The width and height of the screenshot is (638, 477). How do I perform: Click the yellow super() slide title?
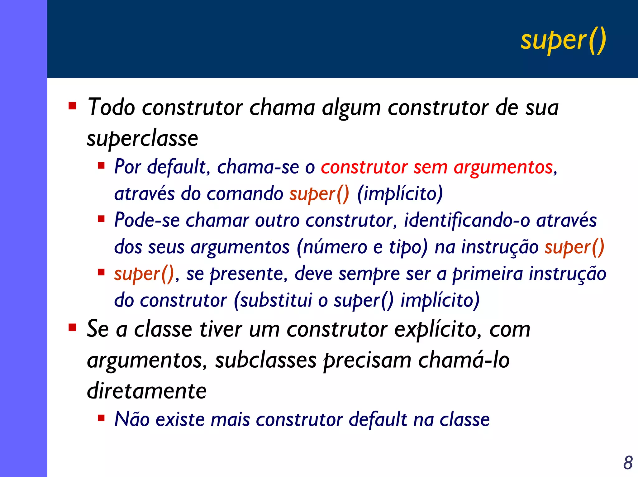(x=563, y=41)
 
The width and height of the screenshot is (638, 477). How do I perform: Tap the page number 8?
(x=628, y=463)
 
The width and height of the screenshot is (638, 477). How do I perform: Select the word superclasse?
(x=142, y=139)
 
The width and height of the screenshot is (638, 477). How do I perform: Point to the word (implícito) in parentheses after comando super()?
(x=400, y=194)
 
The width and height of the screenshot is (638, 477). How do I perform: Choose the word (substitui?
(x=273, y=301)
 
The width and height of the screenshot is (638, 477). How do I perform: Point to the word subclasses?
(x=266, y=360)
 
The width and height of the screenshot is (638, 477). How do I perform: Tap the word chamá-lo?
(x=464, y=360)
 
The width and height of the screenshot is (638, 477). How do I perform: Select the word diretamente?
(x=147, y=391)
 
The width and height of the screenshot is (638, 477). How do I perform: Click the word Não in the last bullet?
(x=132, y=419)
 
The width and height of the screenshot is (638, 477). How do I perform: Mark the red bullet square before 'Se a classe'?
(x=73, y=327)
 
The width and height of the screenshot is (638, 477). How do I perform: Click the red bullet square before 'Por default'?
(x=101, y=165)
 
